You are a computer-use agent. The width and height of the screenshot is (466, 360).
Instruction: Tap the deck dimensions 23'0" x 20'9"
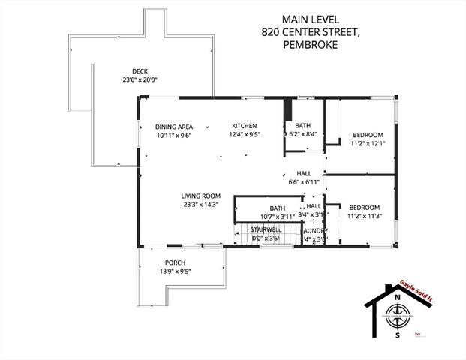pyautogui.click(x=140, y=79)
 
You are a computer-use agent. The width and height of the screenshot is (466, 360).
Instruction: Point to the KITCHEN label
pyautogui.click(x=245, y=125)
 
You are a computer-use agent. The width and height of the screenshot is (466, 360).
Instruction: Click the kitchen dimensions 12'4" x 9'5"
pyautogui.click(x=245, y=135)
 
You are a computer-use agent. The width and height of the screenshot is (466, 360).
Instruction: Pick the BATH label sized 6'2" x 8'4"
pyautogui.click(x=302, y=125)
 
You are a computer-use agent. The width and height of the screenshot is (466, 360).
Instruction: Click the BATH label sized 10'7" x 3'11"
pyautogui.click(x=278, y=208)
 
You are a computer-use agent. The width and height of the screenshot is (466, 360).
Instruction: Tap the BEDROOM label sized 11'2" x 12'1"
pyautogui.click(x=368, y=135)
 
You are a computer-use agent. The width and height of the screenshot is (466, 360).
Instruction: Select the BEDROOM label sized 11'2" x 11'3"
pyautogui.click(x=364, y=208)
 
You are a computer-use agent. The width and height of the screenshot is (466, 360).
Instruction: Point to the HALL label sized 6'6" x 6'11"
pyautogui.click(x=304, y=172)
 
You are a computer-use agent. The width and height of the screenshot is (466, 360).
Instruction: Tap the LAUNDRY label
pyautogui.click(x=314, y=230)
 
